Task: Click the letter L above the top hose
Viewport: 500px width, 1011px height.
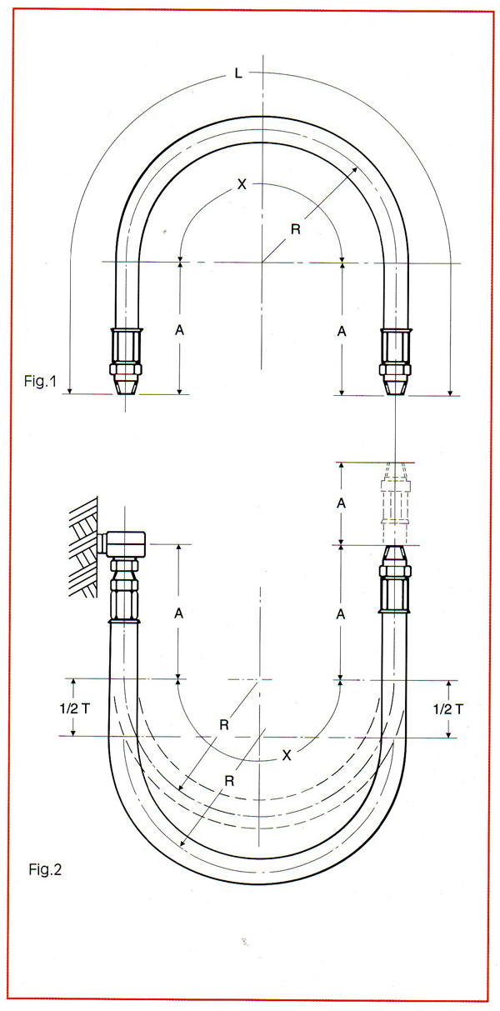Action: (x=238, y=73)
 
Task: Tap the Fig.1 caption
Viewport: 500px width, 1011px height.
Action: (x=41, y=382)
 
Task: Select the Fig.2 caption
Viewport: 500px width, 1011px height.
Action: (x=45, y=870)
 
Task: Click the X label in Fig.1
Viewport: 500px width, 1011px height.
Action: (x=242, y=184)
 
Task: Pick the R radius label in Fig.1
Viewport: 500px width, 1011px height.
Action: (x=296, y=229)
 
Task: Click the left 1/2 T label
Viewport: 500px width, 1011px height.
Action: (x=75, y=708)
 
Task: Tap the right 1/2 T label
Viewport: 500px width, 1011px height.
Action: (x=448, y=709)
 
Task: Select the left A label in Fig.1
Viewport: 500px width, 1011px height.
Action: (x=180, y=331)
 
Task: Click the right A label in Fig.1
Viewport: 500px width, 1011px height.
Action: (x=342, y=332)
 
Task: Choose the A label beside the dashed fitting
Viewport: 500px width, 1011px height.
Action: (x=342, y=503)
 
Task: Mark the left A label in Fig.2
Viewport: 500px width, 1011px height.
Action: (x=179, y=613)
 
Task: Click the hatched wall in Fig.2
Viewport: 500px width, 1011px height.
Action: (x=83, y=547)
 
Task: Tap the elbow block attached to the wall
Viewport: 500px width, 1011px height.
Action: (x=121, y=545)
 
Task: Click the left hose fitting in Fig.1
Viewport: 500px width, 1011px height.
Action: (x=126, y=362)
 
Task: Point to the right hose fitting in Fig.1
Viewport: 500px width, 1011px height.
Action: (x=395, y=363)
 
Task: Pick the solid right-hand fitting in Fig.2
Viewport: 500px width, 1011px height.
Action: (x=394, y=579)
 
